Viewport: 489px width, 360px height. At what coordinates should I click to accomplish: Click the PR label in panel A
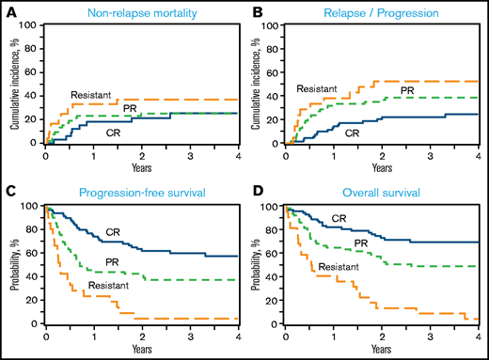(x=144, y=109)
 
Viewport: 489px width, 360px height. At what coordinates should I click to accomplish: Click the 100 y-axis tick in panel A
(x=31, y=25)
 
